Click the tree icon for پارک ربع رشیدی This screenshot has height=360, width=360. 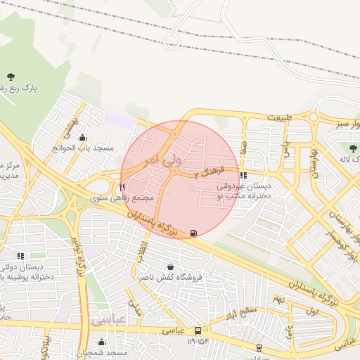(11, 76)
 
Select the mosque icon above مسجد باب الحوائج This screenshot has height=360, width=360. (83, 138)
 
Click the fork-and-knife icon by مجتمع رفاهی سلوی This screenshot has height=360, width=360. (122, 188)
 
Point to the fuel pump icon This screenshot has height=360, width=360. (193, 232)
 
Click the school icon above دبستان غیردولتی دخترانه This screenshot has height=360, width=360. (243, 176)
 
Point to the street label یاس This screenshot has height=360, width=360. (285, 149)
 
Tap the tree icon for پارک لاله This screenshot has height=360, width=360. (353, 148)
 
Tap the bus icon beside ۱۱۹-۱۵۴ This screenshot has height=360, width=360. (199, 330)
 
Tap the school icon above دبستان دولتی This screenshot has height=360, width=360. (20, 256)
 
